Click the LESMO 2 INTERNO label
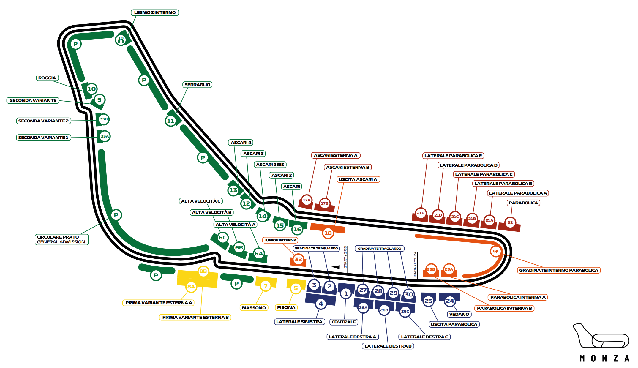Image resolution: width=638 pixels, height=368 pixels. point(155,12)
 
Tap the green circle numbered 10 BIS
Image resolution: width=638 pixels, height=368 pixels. point(121,40)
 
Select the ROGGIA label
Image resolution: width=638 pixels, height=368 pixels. point(47,78)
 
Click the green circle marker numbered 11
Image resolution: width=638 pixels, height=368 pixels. point(170,121)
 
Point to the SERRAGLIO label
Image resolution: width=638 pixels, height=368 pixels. point(197,85)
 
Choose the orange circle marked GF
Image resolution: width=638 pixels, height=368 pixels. point(495,251)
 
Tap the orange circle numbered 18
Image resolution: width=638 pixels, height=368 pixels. point(328,233)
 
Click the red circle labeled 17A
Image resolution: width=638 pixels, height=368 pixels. point(307,200)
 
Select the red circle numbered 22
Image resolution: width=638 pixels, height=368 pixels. point(510,222)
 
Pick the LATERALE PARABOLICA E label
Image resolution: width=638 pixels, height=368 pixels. point(453,156)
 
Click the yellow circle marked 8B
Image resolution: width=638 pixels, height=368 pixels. point(203,271)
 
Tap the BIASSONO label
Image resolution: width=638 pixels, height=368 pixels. point(254,308)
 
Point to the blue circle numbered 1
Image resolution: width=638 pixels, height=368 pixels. point(346,294)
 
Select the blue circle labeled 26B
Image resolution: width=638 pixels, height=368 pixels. point(384,310)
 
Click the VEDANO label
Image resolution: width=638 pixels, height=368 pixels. point(459,314)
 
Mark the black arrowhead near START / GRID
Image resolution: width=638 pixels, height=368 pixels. point(336,267)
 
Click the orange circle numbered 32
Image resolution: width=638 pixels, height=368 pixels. point(298,259)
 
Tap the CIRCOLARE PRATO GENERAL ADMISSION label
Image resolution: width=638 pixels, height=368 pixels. point(61,239)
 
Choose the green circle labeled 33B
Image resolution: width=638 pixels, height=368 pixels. point(104,119)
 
